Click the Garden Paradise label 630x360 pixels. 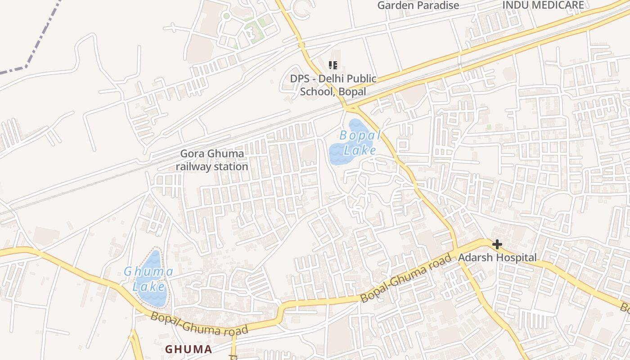[x=418, y=5]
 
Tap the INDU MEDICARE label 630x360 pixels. [x=543, y=5]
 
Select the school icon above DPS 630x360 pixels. [x=333, y=65]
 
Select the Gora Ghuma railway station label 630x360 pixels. [x=212, y=160]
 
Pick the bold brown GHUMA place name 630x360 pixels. [x=188, y=349]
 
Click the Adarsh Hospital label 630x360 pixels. [x=497, y=258]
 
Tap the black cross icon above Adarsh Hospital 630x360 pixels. [x=497, y=244]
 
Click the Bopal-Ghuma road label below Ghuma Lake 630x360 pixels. [x=199, y=324]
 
